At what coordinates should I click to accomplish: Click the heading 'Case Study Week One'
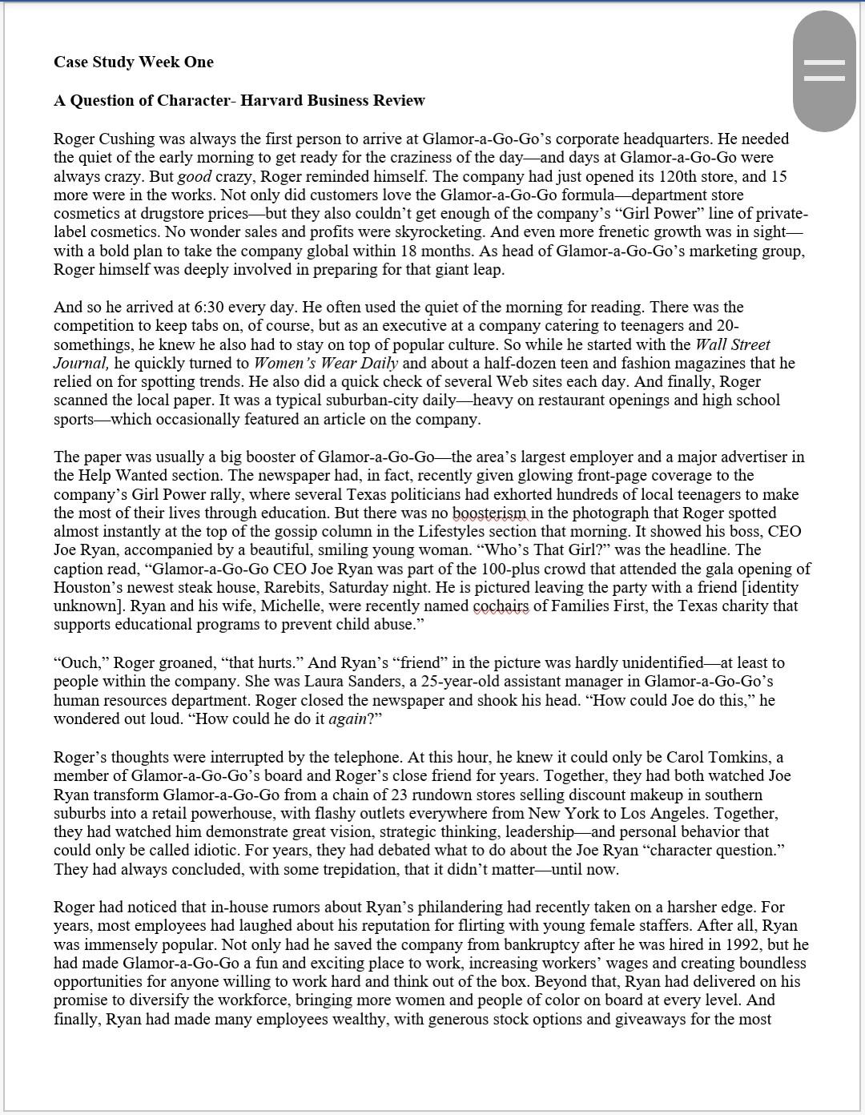(x=133, y=62)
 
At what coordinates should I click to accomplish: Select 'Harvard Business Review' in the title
(x=332, y=100)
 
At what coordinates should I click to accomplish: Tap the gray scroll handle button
(x=824, y=71)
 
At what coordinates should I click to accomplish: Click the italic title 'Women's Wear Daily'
(x=326, y=363)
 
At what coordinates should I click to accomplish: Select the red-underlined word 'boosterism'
(x=490, y=513)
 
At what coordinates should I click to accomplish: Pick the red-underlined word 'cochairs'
(x=501, y=606)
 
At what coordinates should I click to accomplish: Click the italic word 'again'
(x=347, y=719)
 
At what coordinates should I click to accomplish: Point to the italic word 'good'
(x=189, y=176)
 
